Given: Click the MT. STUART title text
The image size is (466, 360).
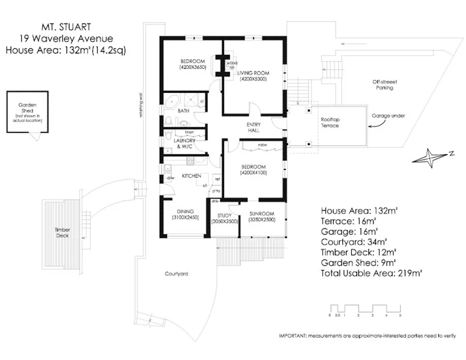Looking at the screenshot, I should point(65,28).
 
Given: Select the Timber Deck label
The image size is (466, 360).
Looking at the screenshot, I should point(62,233).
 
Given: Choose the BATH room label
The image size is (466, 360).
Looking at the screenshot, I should point(184,111).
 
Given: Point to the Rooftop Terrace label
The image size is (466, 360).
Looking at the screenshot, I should point(328,123).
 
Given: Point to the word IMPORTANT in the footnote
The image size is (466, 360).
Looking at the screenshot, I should point(293,335).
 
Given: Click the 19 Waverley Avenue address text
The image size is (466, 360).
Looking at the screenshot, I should point(65,39).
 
